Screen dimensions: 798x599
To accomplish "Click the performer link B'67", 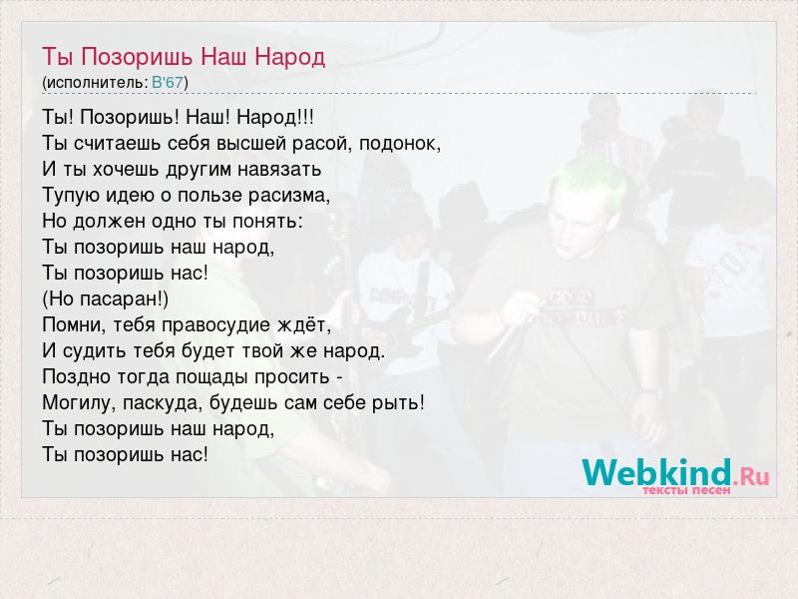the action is (x=167, y=82).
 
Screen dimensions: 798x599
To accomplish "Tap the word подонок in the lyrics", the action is (x=400, y=144).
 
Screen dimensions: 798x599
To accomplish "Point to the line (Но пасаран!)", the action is (x=106, y=299).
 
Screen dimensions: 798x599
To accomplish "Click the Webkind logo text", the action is (x=656, y=472).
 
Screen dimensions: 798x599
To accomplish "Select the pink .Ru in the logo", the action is (x=751, y=476).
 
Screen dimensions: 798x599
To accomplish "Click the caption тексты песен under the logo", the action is (x=686, y=490).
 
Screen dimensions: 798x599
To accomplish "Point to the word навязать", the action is (x=279, y=169).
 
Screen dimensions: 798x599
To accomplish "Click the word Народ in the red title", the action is (x=289, y=56).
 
